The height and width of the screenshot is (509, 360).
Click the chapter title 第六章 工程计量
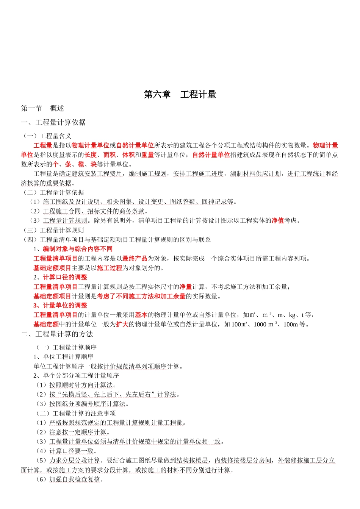(180, 95)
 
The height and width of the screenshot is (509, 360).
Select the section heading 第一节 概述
(42, 109)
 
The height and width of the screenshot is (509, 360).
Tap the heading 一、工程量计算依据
(53, 123)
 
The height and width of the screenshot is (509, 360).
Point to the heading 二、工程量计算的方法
(57, 334)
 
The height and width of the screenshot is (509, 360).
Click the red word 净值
(277, 221)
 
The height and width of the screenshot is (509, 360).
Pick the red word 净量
(186, 287)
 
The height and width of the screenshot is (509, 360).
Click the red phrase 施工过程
(110, 268)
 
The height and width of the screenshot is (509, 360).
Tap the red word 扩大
(122, 325)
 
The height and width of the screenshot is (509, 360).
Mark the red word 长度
(91, 155)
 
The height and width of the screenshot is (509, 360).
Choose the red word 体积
(128, 155)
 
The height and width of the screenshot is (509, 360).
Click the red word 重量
(147, 155)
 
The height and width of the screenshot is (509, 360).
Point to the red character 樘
(81, 164)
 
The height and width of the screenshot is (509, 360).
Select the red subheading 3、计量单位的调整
(60, 306)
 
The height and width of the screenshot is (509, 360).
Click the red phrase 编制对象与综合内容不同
(77, 249)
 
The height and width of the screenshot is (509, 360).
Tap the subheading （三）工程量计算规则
(53, 230)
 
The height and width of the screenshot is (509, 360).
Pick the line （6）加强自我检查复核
(70, 479)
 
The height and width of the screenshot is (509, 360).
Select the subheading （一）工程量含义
(47, 136)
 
